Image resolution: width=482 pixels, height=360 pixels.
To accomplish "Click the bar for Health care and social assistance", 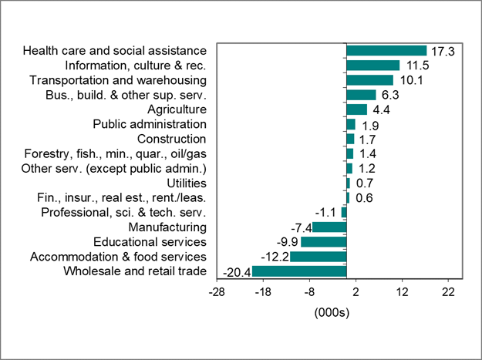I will tap(386, 51).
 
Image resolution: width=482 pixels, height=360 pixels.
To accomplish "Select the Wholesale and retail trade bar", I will tap(299, 271).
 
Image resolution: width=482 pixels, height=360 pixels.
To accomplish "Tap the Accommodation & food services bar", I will tap(318, 257).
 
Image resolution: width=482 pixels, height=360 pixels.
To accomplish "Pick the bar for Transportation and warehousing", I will tap(369, 80).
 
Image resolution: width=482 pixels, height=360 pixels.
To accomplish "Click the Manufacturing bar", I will tap(329, 227).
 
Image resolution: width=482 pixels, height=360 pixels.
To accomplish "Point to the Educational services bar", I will tap(323, 242).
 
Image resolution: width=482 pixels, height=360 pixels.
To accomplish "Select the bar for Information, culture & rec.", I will tap(373, 66).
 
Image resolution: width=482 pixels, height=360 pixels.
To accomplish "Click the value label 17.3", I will tap(443, 51).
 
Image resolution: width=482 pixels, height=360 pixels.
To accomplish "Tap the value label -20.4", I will tap(236, 272).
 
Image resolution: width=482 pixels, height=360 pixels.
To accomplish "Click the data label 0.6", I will tap(363, 198).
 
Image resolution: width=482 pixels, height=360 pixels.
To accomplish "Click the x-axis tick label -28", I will tap(217, 293).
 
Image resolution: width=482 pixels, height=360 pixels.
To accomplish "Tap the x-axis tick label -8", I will tap(309, 293).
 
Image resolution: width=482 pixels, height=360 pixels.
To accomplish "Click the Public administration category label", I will tap(150, 124).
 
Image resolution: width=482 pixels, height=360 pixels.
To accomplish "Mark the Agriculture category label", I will tap(177, 109).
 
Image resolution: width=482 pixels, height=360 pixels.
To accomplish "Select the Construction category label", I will tap(171, 139).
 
